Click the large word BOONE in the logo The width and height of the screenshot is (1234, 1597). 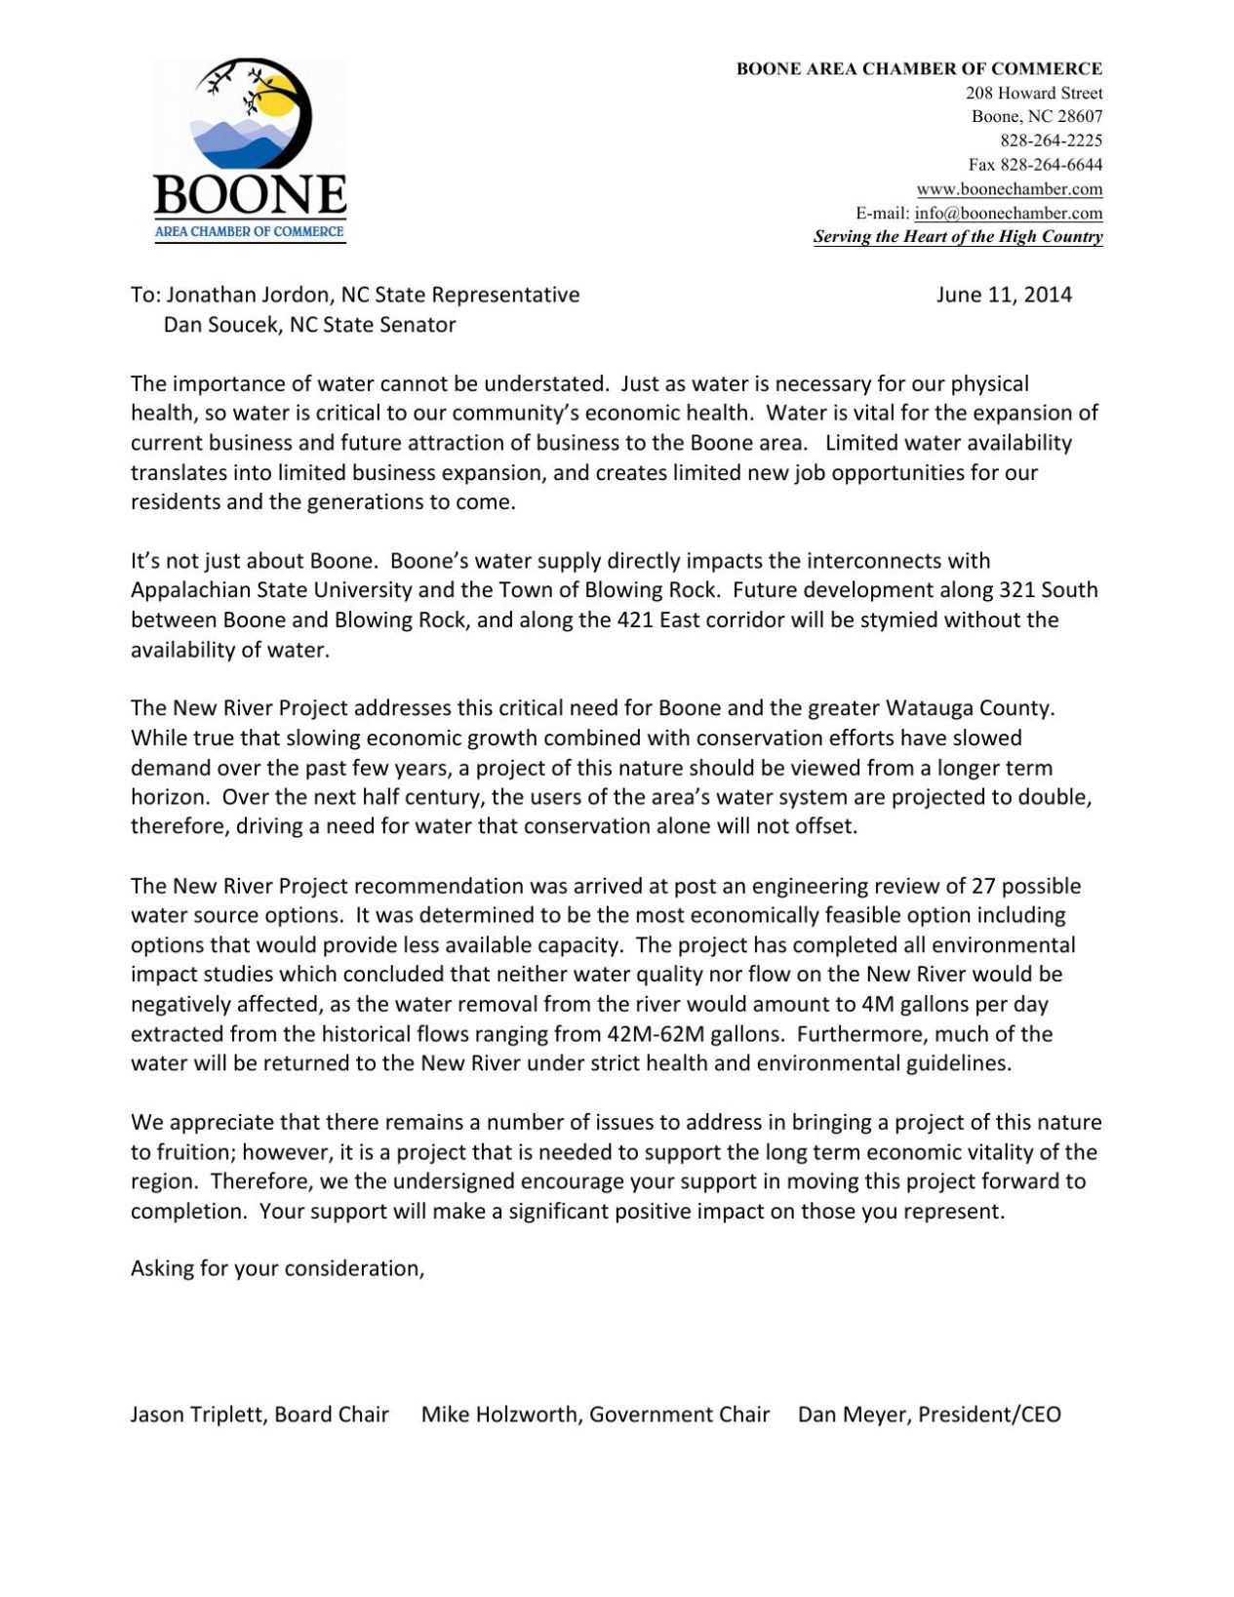tap(250, 196)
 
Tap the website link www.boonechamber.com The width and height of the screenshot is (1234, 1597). tap(1009, 189)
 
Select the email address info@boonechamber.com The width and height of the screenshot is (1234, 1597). tap(1008, 213)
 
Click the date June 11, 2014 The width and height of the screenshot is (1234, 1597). tap(1003, 295)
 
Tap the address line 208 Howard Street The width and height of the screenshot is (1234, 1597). tap(1033, 94)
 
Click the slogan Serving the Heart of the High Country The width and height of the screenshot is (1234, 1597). tap(957, 237)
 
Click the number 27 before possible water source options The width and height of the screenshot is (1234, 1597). tap(982, 887)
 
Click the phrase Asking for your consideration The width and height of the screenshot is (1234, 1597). tap(277, 1269)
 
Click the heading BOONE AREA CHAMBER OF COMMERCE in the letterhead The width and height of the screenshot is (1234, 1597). tap(919, 69)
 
